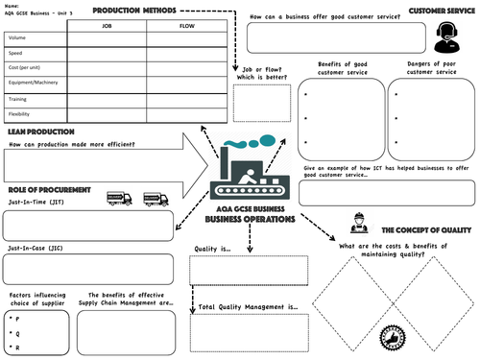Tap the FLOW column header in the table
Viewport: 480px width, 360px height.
pos(187,27)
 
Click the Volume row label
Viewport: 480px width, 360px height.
pos(17,38)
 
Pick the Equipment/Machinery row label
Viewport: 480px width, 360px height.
pos(35,84)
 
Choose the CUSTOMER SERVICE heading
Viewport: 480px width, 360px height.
pos(442,10)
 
